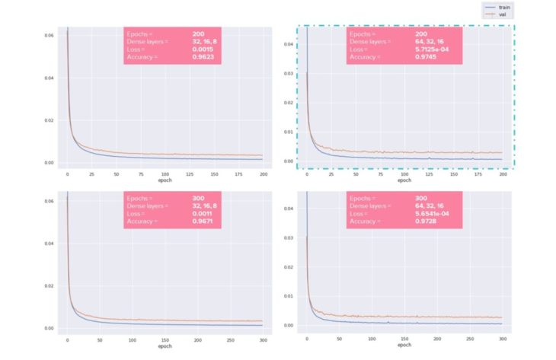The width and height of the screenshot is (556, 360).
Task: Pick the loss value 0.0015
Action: (203, 49)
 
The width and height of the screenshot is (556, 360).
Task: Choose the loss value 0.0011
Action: (202, 214)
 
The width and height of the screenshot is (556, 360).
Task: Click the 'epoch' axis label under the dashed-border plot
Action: (404, 180)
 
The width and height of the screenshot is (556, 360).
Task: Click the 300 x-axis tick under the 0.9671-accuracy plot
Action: (262, 339)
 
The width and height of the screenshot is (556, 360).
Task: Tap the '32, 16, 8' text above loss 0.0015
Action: (205, 41)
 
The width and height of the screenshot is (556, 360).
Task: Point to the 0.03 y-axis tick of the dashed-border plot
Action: (289, 74)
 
